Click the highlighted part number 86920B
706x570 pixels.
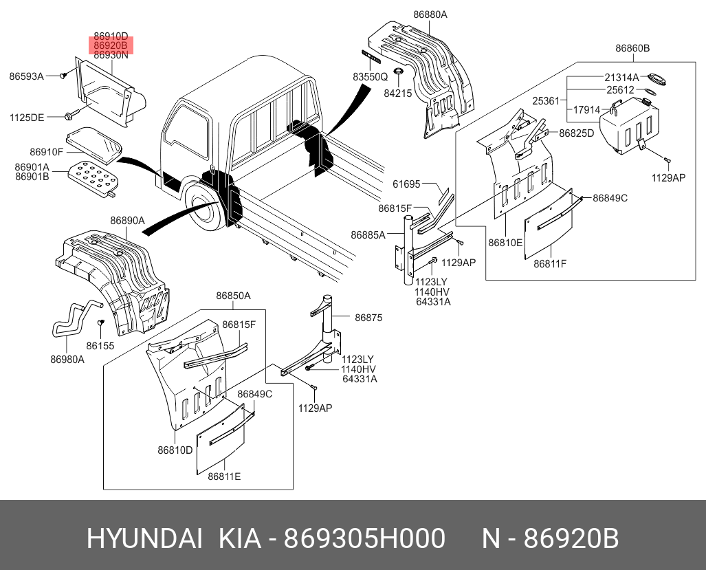pyautogui.click(x=111, y=45)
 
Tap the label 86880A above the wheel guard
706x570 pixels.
pyautogui.click(x=430, y=14)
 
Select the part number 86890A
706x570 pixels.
pyautogui.click(x=127, y=221)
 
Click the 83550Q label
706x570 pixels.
pyautogui.click(x=371, y=78)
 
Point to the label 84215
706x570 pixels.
pyautogui.click(x=397, y=92)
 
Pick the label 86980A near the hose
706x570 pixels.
pyautogui.click(x=67, y=359)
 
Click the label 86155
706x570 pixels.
pyautogui.click(x=100, y=346)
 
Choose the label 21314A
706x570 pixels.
pyautogui.click(x=621, y=77)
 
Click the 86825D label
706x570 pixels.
pyautogui.click(x=576, y=133)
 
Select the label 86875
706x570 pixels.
pyautogui.click(x=368, y=318)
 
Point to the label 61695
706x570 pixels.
pyautogui.click(x=406, y=184)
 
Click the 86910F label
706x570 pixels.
pyautogui.click(x=47, y=151)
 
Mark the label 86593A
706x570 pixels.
pyautogui.click(x=26, y=76)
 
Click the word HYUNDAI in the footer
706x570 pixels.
pyautogui.click(x=144, y=539)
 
